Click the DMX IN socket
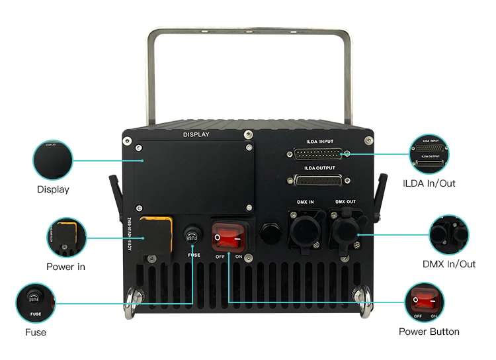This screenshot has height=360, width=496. tap(305, 228)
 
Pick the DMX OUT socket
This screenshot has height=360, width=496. tap(345, 228)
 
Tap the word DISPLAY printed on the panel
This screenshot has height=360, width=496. tap(196, 134)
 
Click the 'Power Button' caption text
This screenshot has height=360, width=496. tap(429, 331)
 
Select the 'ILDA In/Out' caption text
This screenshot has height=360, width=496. tap(429, 183)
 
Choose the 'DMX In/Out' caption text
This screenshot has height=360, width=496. tap(449, 264)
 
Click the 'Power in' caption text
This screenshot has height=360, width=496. tap(65, 267)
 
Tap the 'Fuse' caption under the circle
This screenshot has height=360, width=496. tap(35, 332)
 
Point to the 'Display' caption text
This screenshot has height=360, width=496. tap(53, 189)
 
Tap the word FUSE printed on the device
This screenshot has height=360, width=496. tap(194, 253)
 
